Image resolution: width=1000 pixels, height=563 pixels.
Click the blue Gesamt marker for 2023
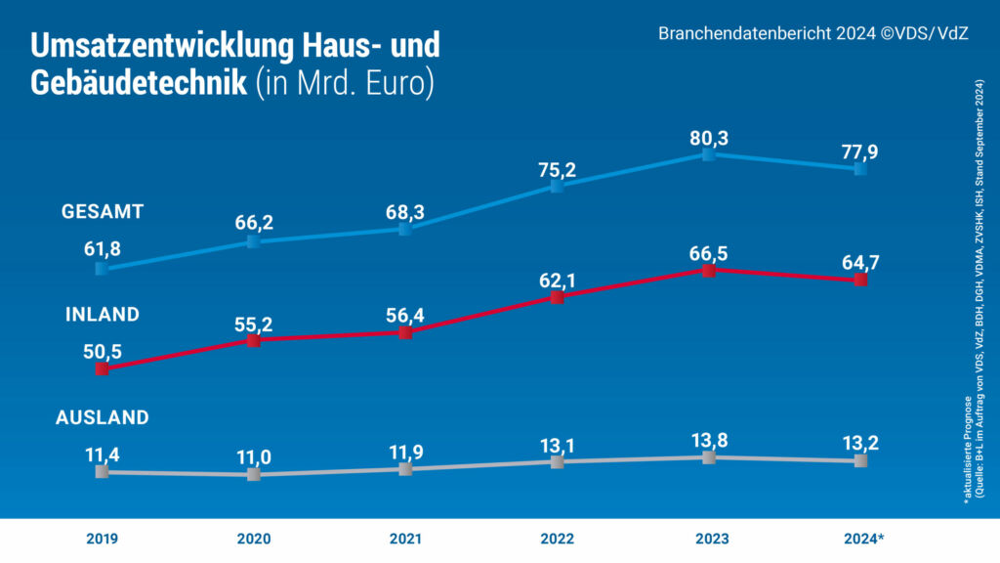pyautogui.click(x=709, y=155)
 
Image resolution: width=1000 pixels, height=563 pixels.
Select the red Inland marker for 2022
pyautogui.click(x=557, y=297)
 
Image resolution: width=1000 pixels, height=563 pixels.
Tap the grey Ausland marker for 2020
pyautogui.click(x=253, y=474)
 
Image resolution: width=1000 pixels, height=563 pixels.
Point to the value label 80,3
pyautogui.click(x=709, y=137)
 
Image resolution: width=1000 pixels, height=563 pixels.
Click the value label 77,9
pyautogui.click(x=860, y=150)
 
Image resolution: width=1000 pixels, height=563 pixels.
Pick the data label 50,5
pyautogui.click(x=102, y=350)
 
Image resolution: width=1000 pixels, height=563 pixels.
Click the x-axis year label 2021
pyautogui.click(x=405, y=539)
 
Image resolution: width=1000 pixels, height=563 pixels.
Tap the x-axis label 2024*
pyautogui.click(x=861, y=539)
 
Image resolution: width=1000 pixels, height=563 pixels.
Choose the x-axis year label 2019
pyautogui.click(x=102, y=539)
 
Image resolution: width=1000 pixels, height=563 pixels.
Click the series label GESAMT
pyautogui.click(x=103, y=211)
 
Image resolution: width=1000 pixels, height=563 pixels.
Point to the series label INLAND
pyautogui.click(x=103, y=315)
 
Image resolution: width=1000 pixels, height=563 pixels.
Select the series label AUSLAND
pyautogui.click(x=103, y=417)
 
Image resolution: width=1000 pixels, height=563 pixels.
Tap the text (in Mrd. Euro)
pyautogui.click(x=343, y=83)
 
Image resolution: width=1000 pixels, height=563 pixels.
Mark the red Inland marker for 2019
pyautogui.click(x=102, y=368)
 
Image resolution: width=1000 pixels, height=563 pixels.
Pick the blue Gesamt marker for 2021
pyautogui.click(x=405, y=229)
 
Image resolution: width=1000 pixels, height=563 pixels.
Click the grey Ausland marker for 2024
pyautogui.click(x=860, y=460)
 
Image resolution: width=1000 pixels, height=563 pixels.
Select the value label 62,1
pyautogui.click(x=557, y=279)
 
